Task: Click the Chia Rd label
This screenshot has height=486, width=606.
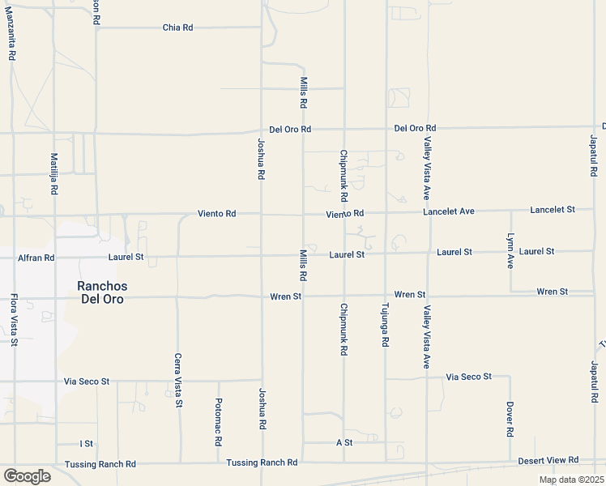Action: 177,28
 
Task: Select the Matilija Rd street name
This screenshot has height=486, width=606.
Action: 54,173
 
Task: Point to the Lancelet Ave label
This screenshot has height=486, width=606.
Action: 448,211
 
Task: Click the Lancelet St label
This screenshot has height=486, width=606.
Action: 552,209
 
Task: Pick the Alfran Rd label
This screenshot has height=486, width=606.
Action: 36,258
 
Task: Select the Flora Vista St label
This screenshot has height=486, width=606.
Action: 14,320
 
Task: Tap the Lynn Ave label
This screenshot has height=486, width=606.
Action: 510,251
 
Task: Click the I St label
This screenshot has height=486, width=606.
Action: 86,443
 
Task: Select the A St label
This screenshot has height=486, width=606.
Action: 344,442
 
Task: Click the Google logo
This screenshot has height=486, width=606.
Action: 27,476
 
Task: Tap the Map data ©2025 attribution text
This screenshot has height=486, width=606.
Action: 570,480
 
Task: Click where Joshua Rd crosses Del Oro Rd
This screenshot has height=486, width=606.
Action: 261,130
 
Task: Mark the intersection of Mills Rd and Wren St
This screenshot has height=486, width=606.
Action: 303,296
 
